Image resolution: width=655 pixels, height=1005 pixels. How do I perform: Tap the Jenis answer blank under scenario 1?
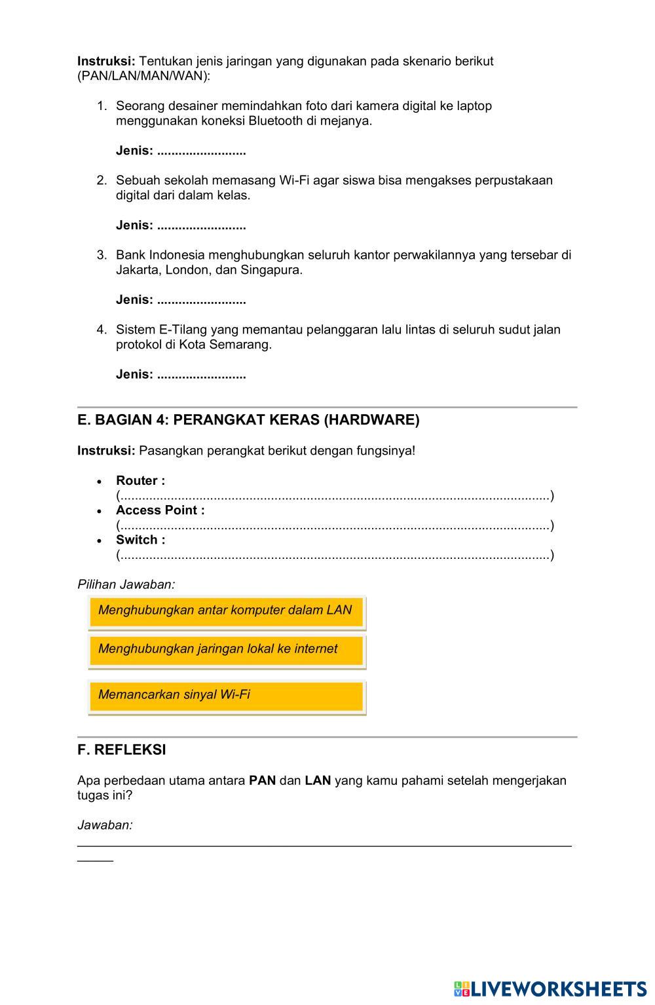pos(201,151)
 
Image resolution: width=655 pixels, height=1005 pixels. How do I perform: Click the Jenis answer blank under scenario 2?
pos(201,226)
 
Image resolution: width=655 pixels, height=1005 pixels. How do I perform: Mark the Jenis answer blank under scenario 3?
pos(201,301)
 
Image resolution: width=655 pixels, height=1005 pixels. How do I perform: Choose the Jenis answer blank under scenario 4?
pos(201,375)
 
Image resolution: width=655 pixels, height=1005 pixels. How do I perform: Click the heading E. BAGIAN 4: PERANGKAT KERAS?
pos(248,420)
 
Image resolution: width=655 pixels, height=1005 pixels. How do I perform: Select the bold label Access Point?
pos(160,510)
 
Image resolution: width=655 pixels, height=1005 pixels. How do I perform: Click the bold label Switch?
pos(140,540)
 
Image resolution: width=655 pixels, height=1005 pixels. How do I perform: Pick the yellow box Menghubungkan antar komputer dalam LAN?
pos(226,611)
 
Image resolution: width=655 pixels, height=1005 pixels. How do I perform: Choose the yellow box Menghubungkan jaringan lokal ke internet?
pos(226,650)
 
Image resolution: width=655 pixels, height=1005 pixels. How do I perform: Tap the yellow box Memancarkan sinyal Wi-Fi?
pos(226,696)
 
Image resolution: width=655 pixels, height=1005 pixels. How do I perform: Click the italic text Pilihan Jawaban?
pos(126,584)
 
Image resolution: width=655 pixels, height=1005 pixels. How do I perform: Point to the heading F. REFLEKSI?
pos(122,750)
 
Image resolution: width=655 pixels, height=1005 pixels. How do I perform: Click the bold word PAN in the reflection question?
pos(262,781)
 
